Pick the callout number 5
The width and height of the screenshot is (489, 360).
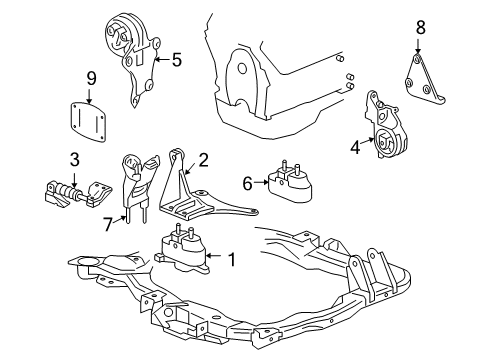tap(176, 59)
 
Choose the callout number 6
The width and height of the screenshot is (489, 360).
tap(247, 182)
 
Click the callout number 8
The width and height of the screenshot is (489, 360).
tap(420, 28)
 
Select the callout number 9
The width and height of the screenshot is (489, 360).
tap(90, 77)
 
